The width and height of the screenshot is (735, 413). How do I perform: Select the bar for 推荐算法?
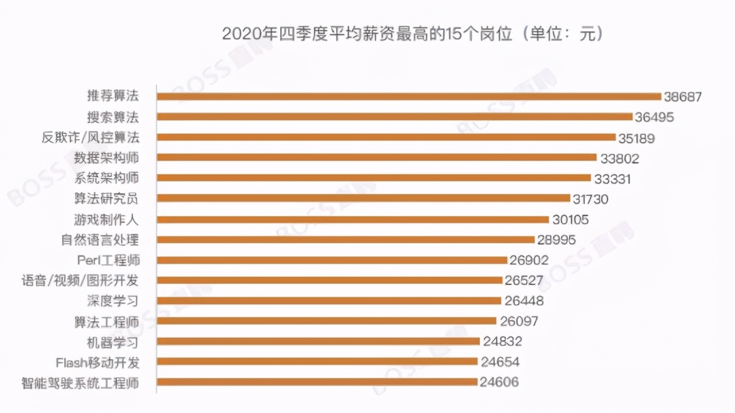[x=409, y=97]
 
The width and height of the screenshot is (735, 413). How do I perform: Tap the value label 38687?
[x=683, y=97]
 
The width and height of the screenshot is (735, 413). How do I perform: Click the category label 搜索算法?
[x=113, y=117]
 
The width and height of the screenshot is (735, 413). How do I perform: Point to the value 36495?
[x=653, y=117]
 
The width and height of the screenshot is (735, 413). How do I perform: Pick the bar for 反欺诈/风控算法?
[x=386, y=137]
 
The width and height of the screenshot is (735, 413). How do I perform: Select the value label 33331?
[x=612, y=178]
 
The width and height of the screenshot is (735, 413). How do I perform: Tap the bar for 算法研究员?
[x=363, y=198]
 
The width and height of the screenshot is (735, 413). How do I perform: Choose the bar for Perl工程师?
[x=332, y=260]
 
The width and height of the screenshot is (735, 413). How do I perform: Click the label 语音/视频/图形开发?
[x=80, y=280]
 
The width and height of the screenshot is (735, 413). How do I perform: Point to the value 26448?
[x=524, y=301]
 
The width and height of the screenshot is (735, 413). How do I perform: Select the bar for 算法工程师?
[x=326, y=321]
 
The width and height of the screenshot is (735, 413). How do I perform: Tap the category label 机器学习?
[x=113, y=341]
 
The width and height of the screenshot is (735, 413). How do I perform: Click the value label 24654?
[x=500, y=362]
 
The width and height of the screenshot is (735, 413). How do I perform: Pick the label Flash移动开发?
[x=97, y=362]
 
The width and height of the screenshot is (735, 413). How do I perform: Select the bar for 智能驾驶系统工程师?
[x=317, y=382]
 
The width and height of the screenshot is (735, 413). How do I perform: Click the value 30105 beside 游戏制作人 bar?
[x=570, y=219]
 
